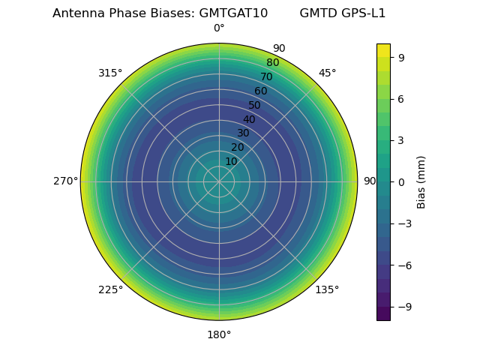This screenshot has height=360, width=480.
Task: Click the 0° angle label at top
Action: click(219, 28)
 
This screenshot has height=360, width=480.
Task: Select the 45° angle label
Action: click(327, 73)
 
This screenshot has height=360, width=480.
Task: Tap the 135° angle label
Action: click(327, 289)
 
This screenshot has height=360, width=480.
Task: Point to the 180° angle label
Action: click(219, 334)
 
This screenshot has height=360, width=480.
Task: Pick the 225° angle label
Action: click(110, 289)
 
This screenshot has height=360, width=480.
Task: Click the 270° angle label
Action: click(65, 181)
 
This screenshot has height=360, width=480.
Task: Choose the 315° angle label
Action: click(110, 73)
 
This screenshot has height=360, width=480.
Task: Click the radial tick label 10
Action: click(231, 161)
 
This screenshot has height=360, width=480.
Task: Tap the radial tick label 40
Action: click(249, 119)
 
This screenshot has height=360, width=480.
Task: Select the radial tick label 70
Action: click(266, 76)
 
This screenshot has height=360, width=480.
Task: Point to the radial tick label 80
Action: click(272, 63)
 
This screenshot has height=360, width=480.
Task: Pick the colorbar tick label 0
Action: click(401, 181)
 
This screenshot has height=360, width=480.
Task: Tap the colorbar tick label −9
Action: click(404, 307)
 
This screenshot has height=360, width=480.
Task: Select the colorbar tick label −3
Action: click(404, 223)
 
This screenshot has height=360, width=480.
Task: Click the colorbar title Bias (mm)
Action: click(421, 181)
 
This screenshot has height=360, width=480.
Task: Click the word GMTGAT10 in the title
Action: click(233, 13)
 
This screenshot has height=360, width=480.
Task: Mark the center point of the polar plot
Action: click(219, 181)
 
